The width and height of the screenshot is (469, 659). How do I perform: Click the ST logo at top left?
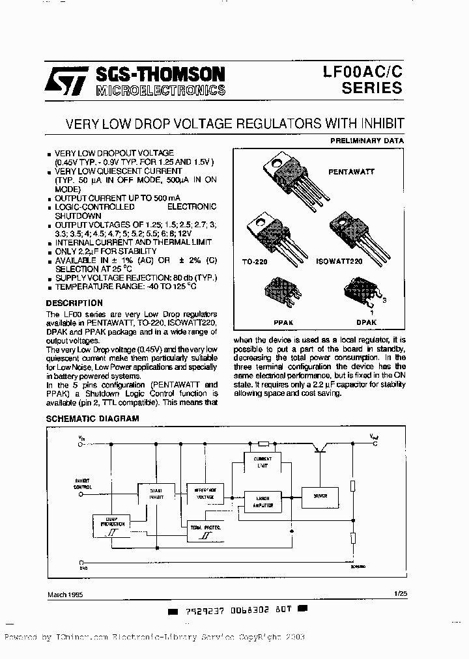tap(64, 80)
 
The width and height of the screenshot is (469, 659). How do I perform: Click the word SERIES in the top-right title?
tap(371, 88)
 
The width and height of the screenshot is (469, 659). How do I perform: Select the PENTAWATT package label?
tap(352, 171)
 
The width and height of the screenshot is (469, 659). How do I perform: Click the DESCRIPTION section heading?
tap(74, 303)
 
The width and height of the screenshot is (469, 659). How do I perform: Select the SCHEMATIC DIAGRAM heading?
tap(92, 419)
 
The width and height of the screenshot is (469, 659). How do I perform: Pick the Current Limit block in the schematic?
tap(263, 461)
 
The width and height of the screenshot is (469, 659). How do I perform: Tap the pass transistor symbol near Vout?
tap(320, 449)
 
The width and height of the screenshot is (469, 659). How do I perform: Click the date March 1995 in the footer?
tap(65, 594)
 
